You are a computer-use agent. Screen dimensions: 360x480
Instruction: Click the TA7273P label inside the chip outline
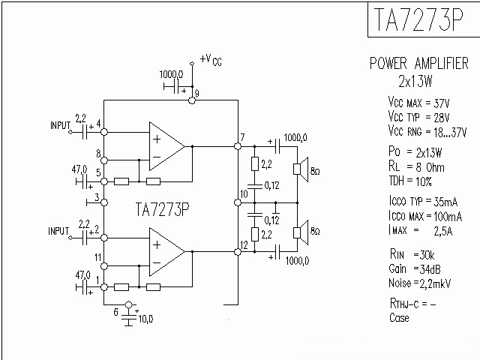coord(163,209)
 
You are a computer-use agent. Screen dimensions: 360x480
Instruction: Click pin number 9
coord(196,91)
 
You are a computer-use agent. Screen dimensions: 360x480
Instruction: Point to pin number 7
coord(242,137)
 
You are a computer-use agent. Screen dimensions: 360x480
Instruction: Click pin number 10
coord(242,194)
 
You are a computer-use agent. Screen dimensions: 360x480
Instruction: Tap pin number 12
coord(244,244)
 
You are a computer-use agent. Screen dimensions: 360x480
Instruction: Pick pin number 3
coord(97,198)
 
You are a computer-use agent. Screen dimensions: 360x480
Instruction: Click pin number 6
coord(115,310)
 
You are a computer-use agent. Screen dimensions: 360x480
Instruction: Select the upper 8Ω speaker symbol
coord(299,170)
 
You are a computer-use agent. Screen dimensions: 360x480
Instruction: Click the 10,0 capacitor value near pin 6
coord(145,319)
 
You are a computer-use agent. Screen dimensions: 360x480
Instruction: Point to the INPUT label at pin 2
coord(59,230)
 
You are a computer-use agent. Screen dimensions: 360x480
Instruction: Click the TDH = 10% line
coord(409,181)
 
